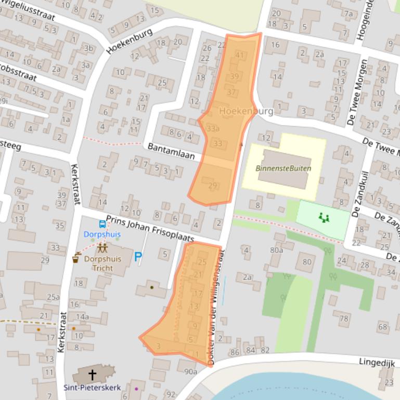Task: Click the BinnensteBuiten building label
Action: (283, 168)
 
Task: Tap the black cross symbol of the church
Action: (93, 374)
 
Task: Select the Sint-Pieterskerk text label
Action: (92, 388)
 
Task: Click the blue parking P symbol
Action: (138, 256)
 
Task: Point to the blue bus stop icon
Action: (102, 224)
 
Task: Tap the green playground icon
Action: (324, 217)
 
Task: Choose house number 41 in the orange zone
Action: (239, 55)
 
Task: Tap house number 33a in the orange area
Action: (213, 128)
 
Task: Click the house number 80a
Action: (277, 250)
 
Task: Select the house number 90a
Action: (190, 371)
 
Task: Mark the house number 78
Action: (344, 318)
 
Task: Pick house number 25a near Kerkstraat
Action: (53, 297)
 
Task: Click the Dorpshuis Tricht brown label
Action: (102, 262)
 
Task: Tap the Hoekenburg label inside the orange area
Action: (246, 111)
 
